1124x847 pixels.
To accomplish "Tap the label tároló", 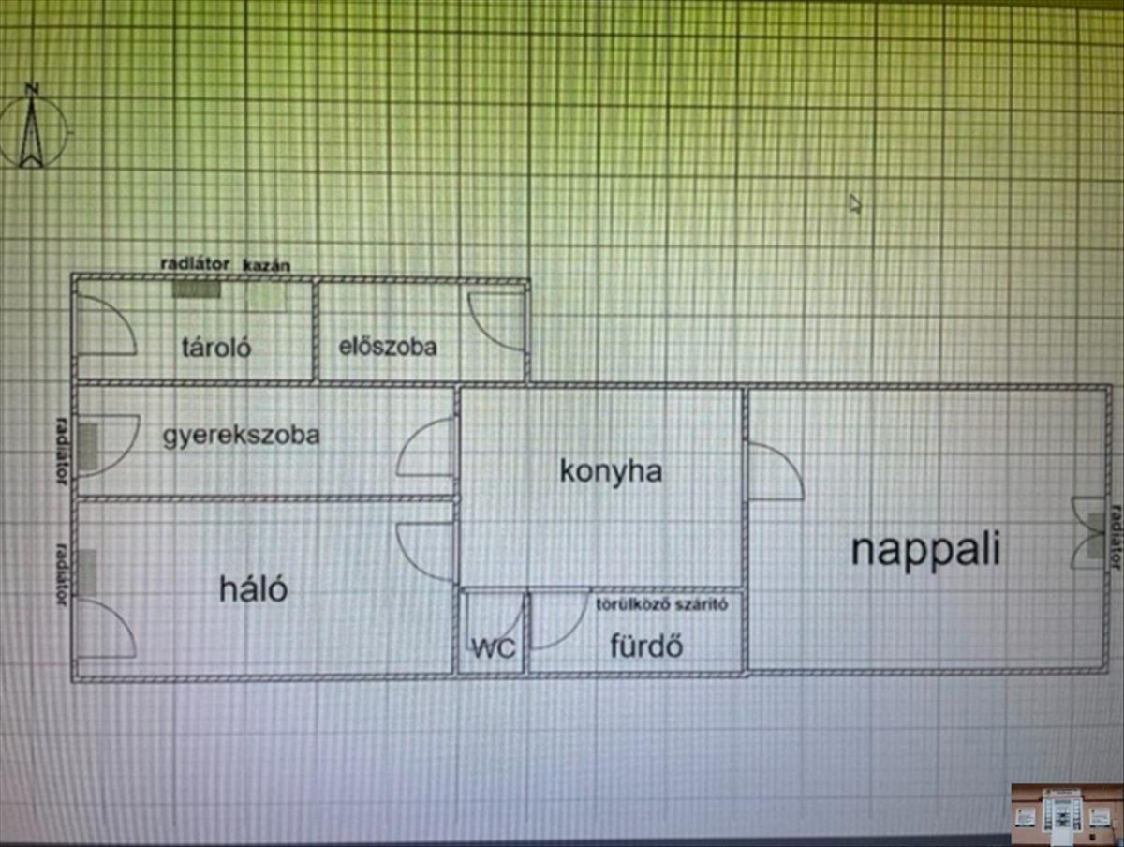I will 216,347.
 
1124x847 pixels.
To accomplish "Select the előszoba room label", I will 388,346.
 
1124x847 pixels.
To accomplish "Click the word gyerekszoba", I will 241,436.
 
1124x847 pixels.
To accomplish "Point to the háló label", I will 254,589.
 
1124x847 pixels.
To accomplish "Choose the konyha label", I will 611,469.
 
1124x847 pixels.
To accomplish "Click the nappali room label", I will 925,550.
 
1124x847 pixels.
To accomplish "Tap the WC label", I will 494,648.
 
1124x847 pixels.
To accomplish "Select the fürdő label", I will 646,646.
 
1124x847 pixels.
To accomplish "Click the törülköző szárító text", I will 662,603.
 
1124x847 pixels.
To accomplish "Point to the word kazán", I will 267,265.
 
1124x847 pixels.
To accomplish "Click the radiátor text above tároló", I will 195,264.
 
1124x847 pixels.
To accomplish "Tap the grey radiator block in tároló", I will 196,289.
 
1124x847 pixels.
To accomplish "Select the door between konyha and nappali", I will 774,470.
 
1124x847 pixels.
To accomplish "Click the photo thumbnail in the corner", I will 1066,812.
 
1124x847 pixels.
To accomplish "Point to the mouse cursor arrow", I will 854,202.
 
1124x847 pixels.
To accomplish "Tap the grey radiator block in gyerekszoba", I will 87,446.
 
